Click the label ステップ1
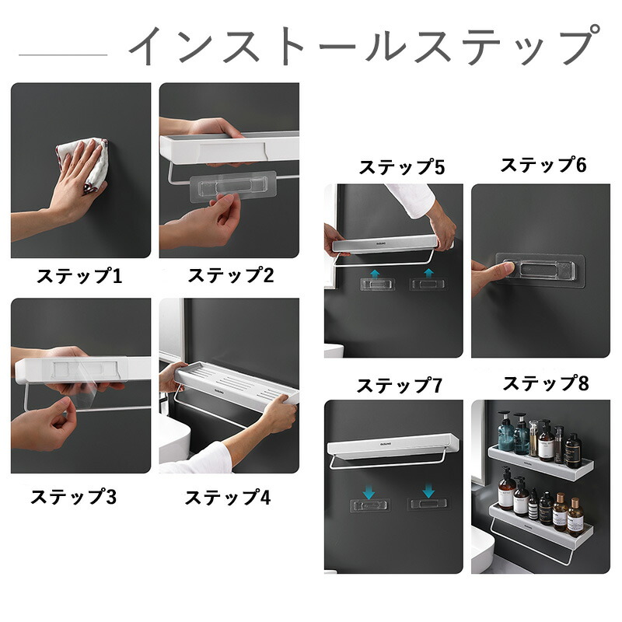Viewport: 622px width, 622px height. click(x=79, y=276)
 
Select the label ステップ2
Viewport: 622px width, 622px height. click(x=230, y=275)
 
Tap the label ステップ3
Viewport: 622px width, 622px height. click(x=73, y=496)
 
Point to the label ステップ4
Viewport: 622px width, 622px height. click(x=228, y=497)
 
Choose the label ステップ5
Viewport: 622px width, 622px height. click(x=402, y=166)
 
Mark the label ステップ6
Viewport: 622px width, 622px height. click(x=543, y=165)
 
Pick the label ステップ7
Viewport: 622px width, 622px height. click(x=399, y=385)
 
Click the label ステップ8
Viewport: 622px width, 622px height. click(x=546, y=383)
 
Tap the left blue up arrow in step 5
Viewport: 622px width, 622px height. click(x=375, y=273)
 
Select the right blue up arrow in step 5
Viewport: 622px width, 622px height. click(x=428, y=273)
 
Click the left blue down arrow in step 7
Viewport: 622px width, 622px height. click(x=369, y=491)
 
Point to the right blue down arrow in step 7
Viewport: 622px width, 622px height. click(x=428, y=491)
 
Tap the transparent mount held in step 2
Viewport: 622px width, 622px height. click(x=232, y=186)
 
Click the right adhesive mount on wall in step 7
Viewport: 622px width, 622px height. click(x=428, y=504)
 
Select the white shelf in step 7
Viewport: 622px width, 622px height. click(x=393, y=447)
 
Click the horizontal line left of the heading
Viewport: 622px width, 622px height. click(x=63, y=54)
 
